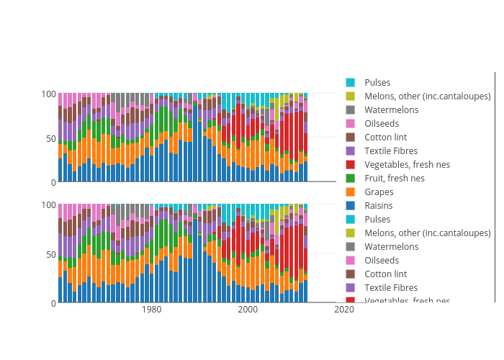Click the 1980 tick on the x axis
coord(152,310)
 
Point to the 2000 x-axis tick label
coord(248,310)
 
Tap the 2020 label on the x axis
coord(344,310)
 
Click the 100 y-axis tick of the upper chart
coord(48,94)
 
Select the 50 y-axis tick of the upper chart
coord(50,138)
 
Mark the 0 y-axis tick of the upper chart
coord(53,182)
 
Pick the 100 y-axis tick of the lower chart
coord(48,204)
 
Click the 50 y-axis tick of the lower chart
coord(50,254)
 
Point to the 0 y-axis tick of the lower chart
coord(53,303)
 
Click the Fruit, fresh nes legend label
coord(394,179)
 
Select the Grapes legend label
coord(379,192)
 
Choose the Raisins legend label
coord(379,206)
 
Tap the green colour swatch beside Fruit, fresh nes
coord(351,179)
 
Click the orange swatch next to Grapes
coord(351,192)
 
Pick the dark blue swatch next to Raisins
coord(351,206)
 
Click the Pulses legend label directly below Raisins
coord(377,220)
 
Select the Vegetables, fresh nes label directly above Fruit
coord(407,165)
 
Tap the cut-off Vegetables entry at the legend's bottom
coord(407,300)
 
